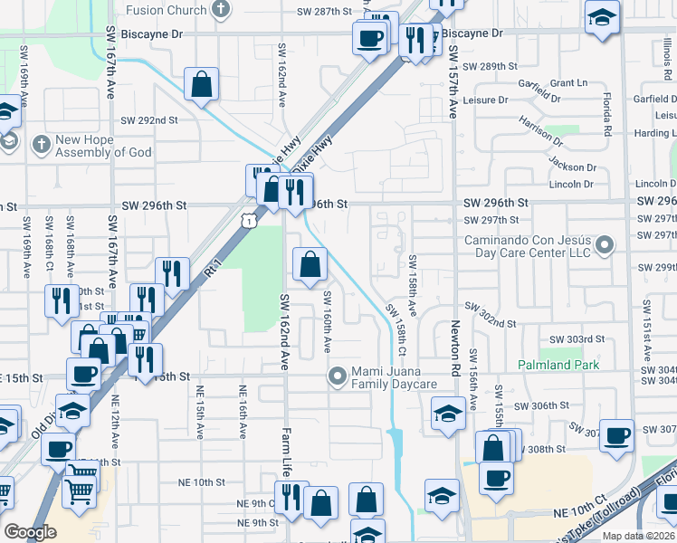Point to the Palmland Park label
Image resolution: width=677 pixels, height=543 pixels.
[x=558, y=365]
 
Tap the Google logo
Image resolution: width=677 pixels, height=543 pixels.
[x=30, y=532]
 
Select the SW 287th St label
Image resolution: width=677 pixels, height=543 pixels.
[x=323, y=11]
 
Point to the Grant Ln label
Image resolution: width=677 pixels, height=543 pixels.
[x=568, y=83]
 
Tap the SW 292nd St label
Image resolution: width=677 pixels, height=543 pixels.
[x=149, y=119]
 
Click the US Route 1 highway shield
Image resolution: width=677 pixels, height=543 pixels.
[x=248, y=220]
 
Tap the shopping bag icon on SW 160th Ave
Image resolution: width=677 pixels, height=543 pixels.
[x=310, y=265]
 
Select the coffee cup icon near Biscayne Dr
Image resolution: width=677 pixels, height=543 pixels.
[x=369, y=38]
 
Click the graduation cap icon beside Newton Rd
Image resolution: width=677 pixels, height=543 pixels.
[x=446, y=414]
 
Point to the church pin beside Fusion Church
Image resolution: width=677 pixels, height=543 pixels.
[x=219, y=10]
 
